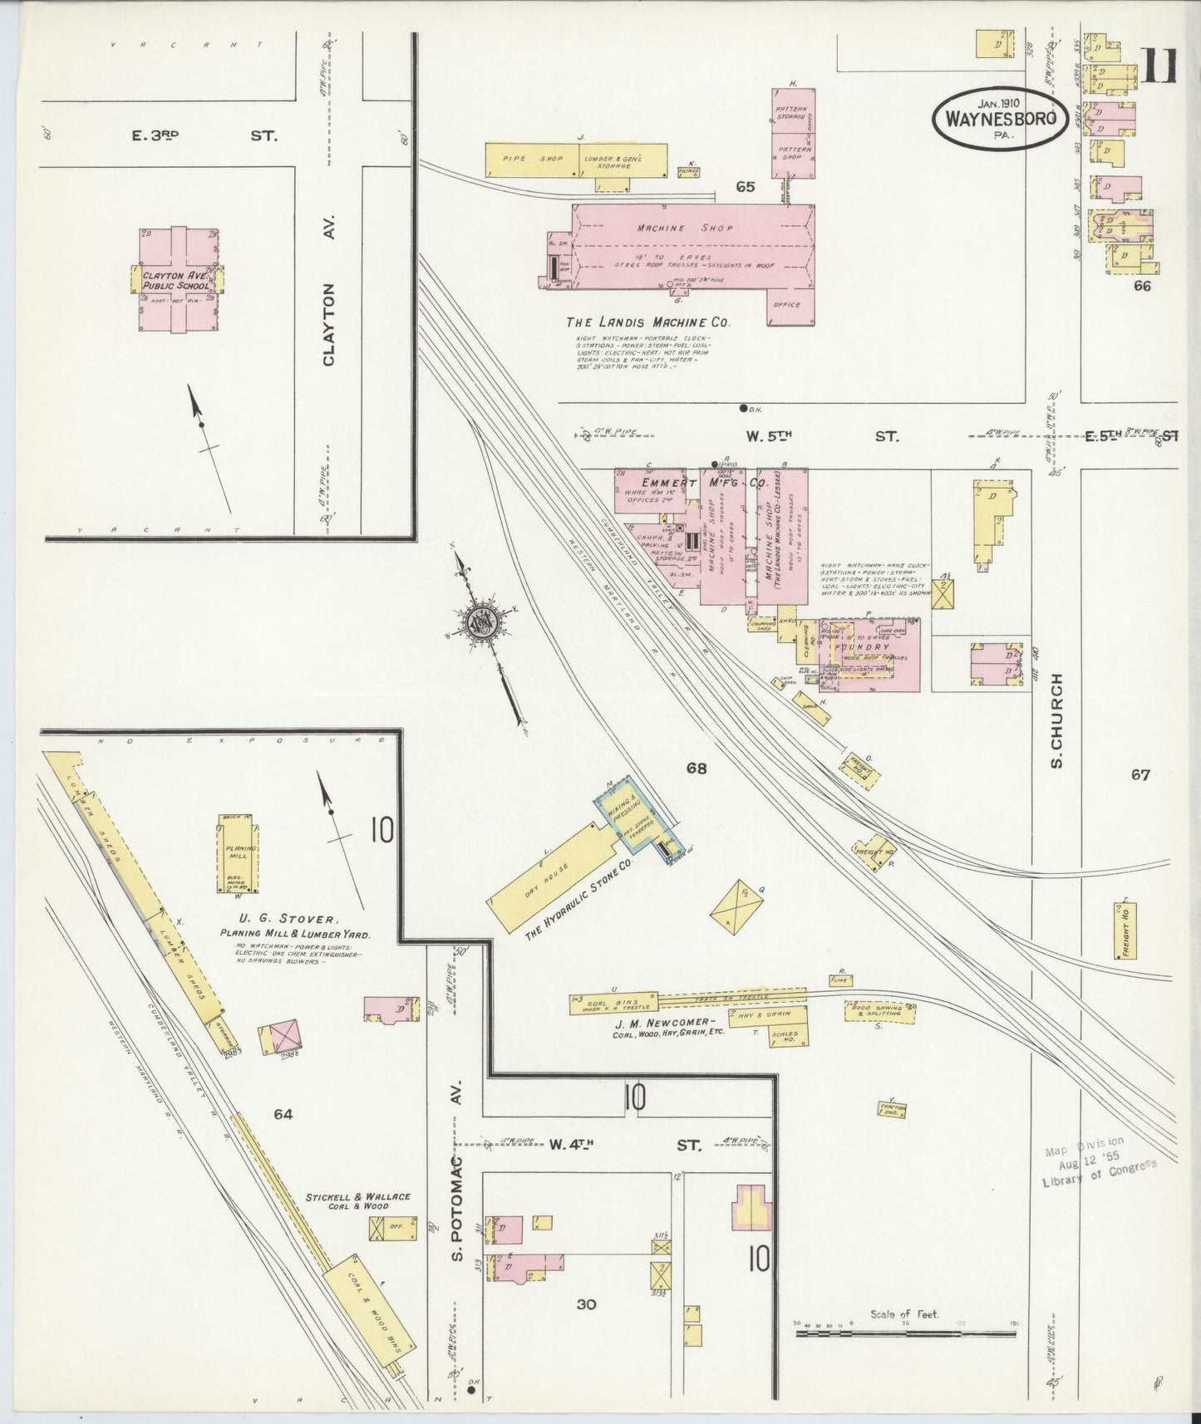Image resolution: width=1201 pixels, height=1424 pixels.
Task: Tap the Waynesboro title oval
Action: click(x=1000, y=119)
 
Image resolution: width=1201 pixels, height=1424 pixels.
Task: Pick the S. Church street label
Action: click(x=1056, y=719)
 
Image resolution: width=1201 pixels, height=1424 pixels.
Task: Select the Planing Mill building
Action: click(x=237, y=853)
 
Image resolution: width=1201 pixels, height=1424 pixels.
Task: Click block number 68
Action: click(x=696, y=769)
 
